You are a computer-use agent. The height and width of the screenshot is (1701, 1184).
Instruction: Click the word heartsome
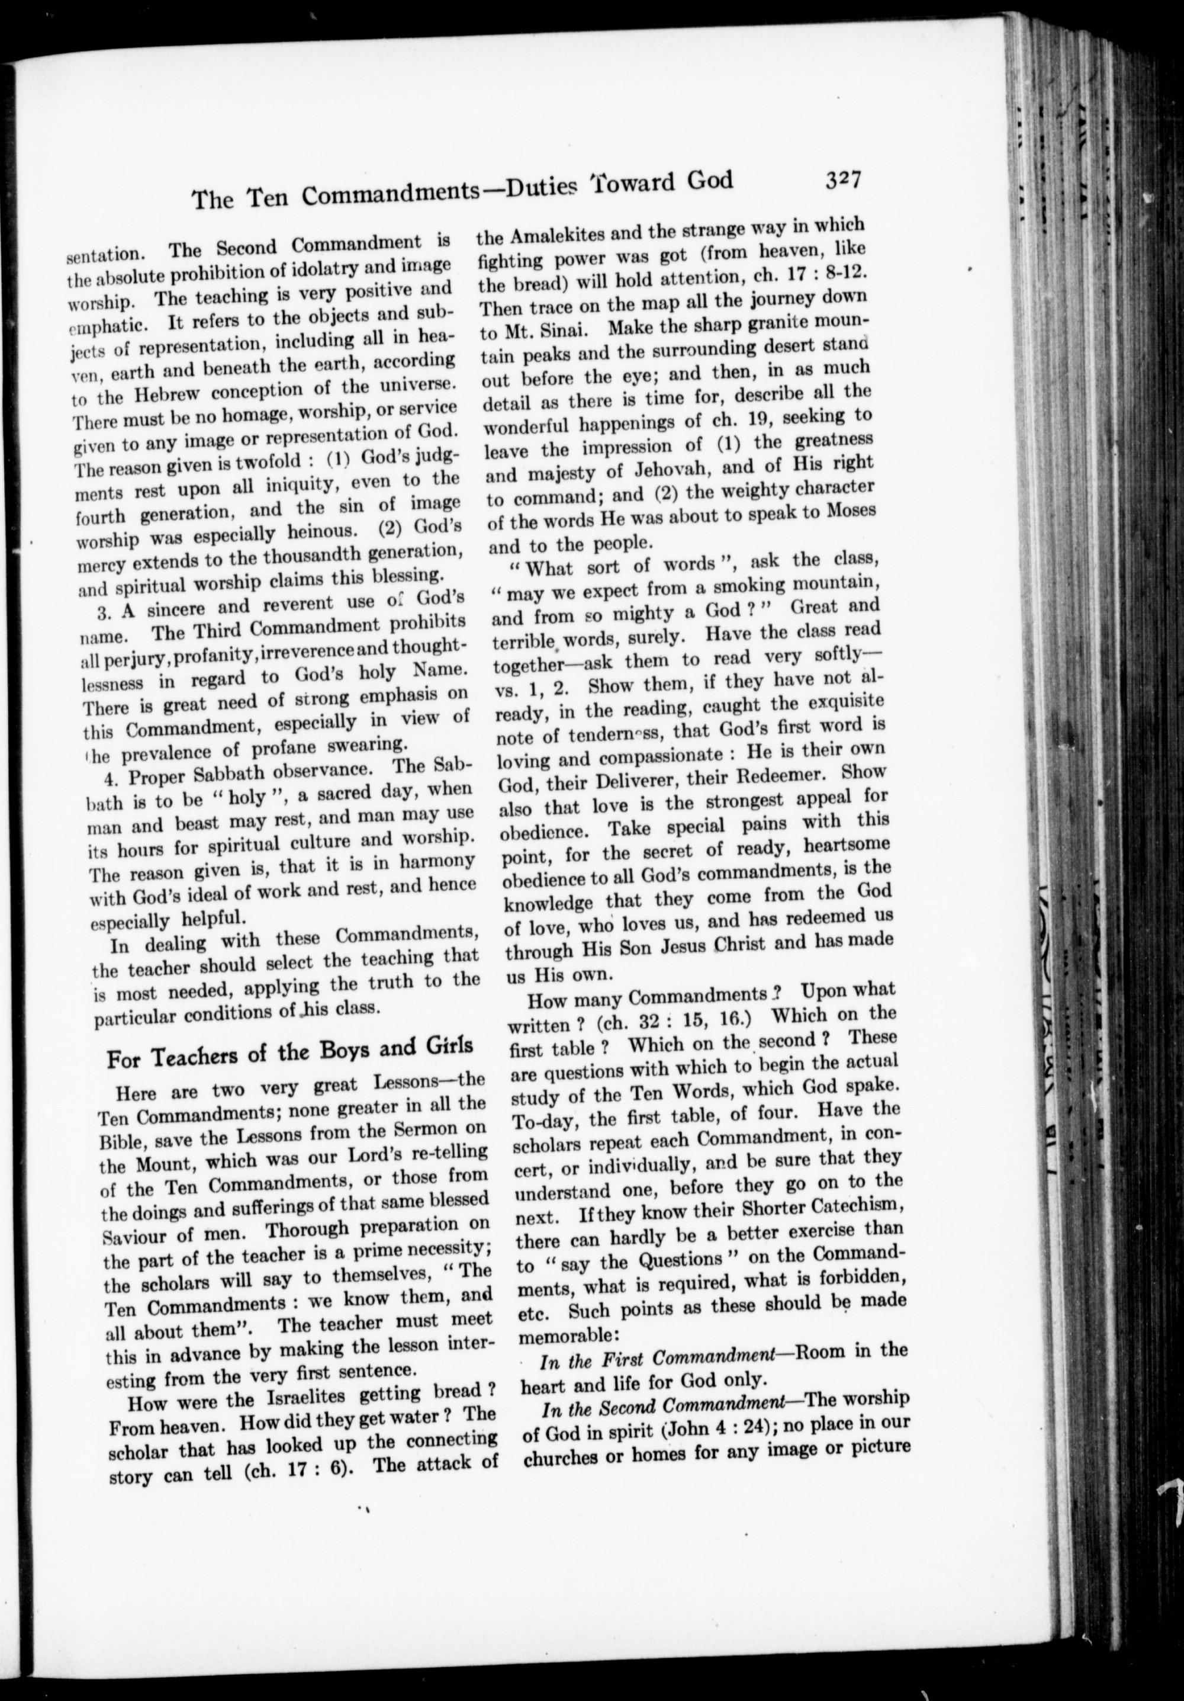(x=848, y=845)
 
